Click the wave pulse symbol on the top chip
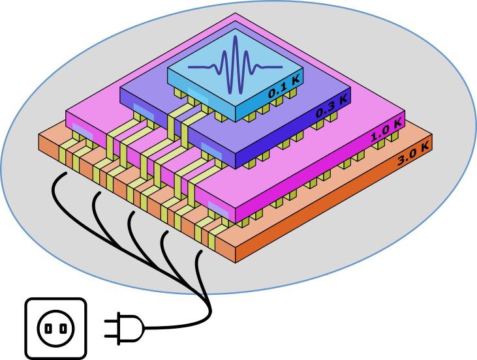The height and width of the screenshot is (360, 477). [x=235, y=67]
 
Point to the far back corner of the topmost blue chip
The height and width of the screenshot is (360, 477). [x=236, y=29]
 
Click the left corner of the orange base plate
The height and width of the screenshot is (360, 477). [x=40, y=139]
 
